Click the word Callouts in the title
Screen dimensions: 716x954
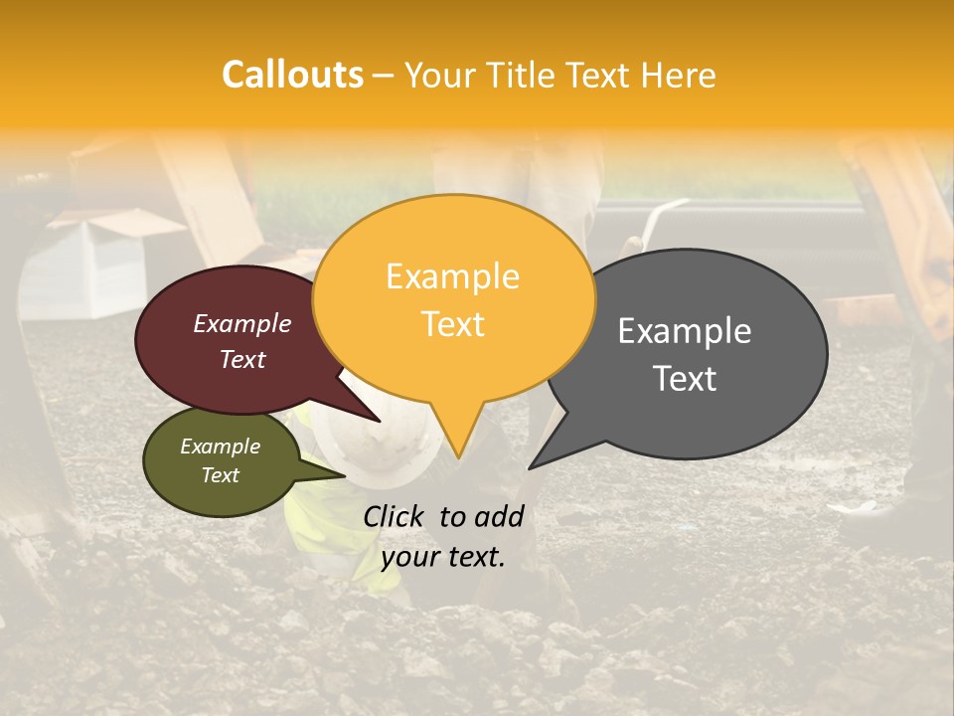pyautogui.click(x=292, y=75)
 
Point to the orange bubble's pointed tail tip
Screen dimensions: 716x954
pyautogui.click(x=458, y=456)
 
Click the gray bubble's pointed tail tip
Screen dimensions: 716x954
pyautogui.click(x=531, y=466)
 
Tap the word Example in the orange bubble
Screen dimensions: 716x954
pyautogui.click(x=452, y=276)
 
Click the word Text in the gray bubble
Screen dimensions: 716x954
pyautogui.click(x=686, y=378)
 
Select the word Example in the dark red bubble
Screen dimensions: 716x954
pyautogui.click(x=241, y=323)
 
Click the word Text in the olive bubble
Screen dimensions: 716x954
pyautogui.click(x=220, y=475)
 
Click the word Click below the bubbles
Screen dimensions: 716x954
pyautogui.click(x=395, y=516)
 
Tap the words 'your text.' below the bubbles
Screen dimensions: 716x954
pyautogui.click(x=443, y=557)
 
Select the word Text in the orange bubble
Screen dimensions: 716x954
pyautogui.click(x=453, y=324)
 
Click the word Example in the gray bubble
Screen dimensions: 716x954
pyautogui.click(x=685, y=331)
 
